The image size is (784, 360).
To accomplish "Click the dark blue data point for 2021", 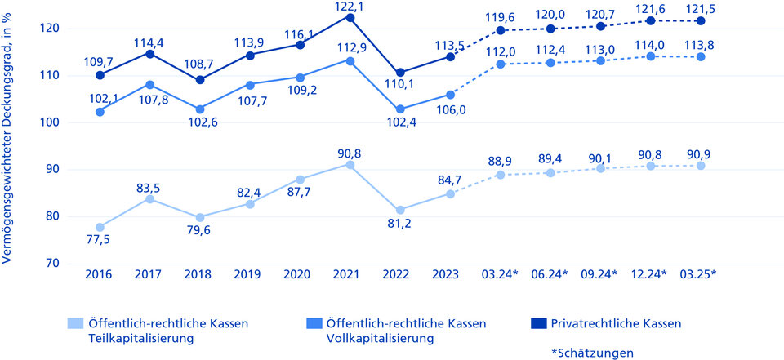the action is click(x=350, y=18).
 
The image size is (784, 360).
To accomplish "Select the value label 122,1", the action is click(x=351, y=5).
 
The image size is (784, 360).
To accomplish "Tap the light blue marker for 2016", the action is click(x=100, y=227).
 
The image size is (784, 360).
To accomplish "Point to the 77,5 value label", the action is click(x=100, y=239).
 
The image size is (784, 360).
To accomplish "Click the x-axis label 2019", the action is click(x=247, y=274).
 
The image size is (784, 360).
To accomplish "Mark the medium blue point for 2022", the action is click(x=400, y=109).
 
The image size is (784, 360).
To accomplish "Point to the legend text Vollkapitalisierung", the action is click(x=380, y=339).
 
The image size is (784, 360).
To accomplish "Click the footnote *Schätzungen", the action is click(x=593, y=353).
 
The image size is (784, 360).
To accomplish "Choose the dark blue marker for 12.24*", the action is click(x=651, y=20).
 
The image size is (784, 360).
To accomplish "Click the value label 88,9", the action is click(x=501, y=162).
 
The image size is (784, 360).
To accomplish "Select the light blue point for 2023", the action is click(x=450, y=193).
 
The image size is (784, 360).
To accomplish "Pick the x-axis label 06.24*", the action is click(x=550, y=274).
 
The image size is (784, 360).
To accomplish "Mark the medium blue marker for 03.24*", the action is click(x=501, y=64).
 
